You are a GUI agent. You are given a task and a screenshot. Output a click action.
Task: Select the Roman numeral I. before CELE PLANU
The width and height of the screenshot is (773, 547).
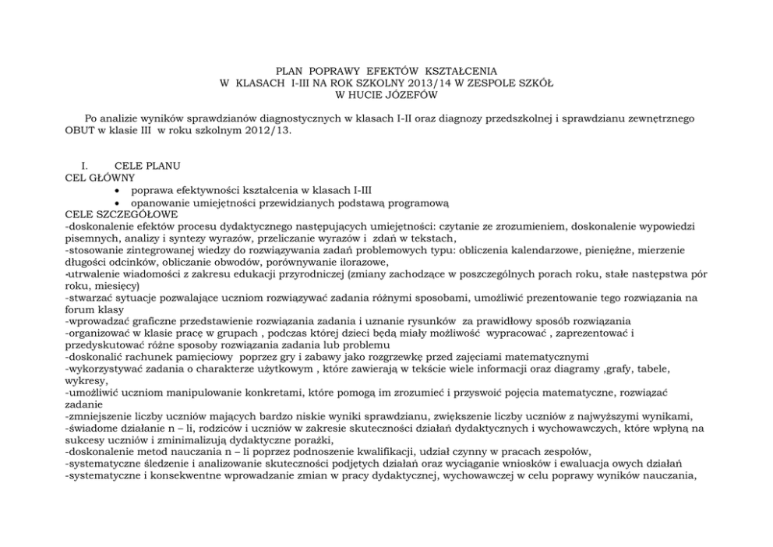[76, 166]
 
